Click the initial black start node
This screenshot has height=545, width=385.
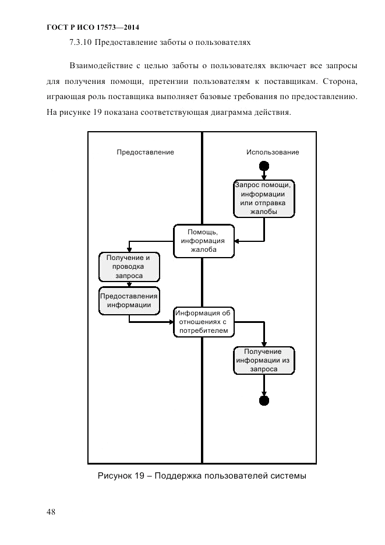coord(264,166)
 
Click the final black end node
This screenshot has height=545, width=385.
coord(264,400)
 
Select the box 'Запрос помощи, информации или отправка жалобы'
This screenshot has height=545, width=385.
coord(264,198)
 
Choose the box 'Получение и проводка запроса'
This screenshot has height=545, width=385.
coord(129,266)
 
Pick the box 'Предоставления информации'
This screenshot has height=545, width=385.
coord(129,300)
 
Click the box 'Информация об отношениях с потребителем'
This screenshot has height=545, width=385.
coord(204,321)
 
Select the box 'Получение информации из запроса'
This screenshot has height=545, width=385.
coord(264,360)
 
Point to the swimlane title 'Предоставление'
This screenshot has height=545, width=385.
coord(145,152)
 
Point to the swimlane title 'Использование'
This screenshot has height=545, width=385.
coord(273,152)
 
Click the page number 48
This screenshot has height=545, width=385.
coord(51,512)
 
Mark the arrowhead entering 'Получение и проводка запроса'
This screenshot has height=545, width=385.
coord(129,250)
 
